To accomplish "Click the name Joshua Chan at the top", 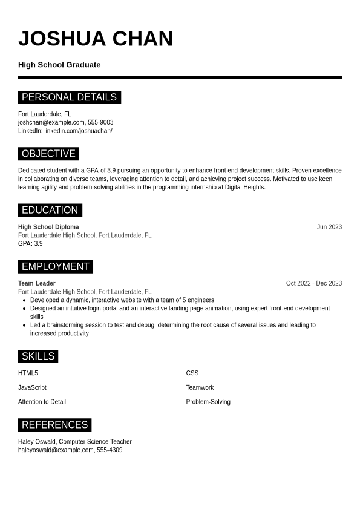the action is coord(96,39).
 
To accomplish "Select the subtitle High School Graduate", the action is coord(59,65).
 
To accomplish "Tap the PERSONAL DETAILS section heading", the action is coord(69,97).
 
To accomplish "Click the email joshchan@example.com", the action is coord(51,122).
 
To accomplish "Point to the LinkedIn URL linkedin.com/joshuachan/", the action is coord(78,131).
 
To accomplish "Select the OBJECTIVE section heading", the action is coord(48,154).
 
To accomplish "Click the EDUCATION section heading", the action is coord(50,210).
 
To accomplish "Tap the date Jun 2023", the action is coord(329,227).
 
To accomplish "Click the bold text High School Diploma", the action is coord(48,227).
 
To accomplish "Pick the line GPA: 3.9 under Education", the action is coord(30,244).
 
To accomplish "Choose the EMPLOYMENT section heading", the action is coord(55,267).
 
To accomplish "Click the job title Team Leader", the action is coord(37,283).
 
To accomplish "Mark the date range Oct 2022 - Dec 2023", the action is coord(313,283).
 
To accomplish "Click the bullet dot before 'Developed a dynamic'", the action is coord(24,300).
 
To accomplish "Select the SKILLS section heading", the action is coord(38,356).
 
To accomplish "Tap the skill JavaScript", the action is coord(32,387).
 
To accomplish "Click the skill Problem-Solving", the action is coord(208,402).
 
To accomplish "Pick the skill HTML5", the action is coord(28,373).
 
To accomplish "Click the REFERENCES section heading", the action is coord(54,425).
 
